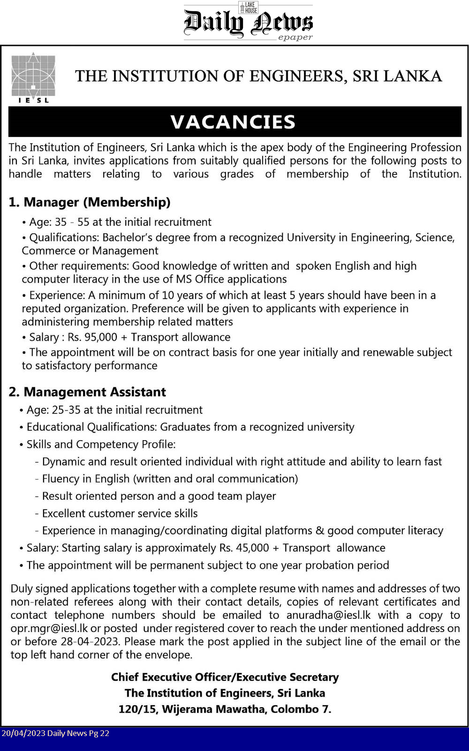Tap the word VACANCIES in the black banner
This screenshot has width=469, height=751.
point(233,122)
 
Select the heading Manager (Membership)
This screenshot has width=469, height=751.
point(90,202)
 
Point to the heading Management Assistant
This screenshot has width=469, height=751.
point(88,392)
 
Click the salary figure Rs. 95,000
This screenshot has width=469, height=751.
point(92,337)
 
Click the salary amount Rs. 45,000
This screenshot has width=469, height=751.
point(244,548)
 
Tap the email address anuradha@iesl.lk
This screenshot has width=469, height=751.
point(328,615)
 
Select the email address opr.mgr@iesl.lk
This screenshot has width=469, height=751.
point(49,628)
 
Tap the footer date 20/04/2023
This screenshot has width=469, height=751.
point(23,733)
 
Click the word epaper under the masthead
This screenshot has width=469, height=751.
point(295,38)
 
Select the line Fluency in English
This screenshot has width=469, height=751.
point(170,479)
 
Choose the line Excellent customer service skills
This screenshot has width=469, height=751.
point(120,513)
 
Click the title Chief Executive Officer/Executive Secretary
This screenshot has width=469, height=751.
point(225,677)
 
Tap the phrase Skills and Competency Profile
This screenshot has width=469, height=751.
point(101,444)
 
